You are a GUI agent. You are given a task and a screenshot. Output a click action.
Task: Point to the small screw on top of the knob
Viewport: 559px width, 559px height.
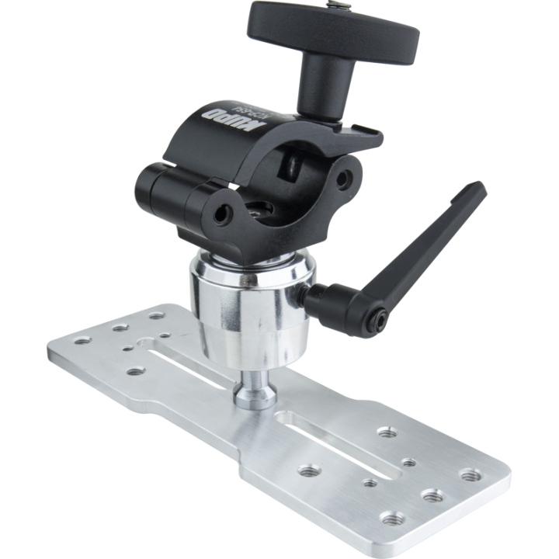pos(339,9)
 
